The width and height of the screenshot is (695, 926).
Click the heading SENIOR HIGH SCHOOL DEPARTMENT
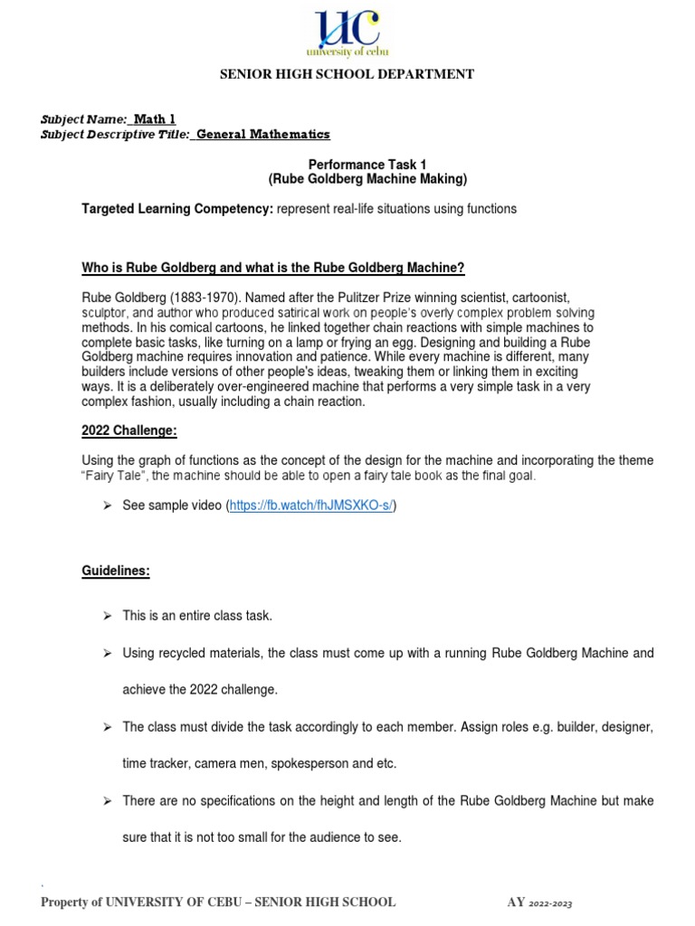347,74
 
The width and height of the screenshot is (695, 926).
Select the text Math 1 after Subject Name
154,119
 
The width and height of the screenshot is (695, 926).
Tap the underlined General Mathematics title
263,135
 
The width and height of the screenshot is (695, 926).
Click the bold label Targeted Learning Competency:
177,209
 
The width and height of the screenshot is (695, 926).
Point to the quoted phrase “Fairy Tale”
112,476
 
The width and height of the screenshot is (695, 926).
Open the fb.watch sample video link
310,506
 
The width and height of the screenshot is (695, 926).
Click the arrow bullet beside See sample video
106,506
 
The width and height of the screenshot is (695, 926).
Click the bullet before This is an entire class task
106,616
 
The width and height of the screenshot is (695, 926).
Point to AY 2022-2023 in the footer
539,902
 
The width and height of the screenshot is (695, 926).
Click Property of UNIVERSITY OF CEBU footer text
218,902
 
